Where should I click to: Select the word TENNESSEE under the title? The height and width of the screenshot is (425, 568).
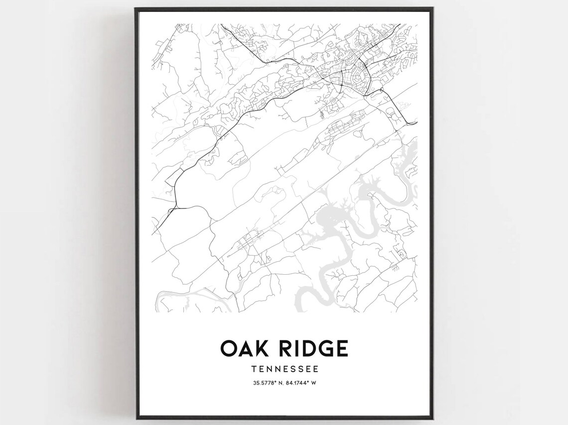coord(284,369)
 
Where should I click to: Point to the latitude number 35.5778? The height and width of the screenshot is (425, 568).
coord(263,383)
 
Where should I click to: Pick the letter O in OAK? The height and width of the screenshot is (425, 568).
coord(231,348)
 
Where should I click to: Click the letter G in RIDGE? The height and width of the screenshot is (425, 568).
coord(325,348)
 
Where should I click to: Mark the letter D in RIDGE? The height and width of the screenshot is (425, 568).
coord(309,348)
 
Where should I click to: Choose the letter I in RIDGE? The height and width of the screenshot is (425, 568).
coord(297,348)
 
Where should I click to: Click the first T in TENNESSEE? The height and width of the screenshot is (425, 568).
coord(254,369)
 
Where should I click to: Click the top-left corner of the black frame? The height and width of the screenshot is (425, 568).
coord(136,8)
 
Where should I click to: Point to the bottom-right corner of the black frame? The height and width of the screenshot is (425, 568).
coord(433,419)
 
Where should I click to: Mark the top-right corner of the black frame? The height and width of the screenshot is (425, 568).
coord(433,8)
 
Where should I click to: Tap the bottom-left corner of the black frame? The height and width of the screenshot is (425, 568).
coord(136,419)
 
